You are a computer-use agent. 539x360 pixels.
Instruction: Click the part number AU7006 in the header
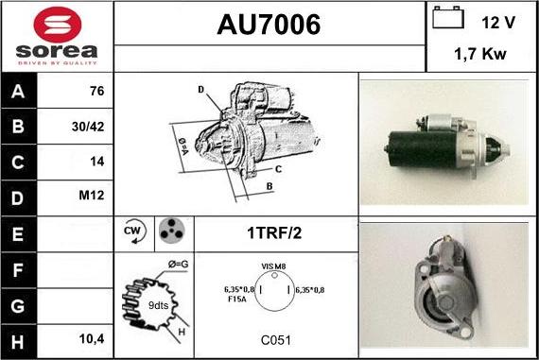click(x=269, y=26)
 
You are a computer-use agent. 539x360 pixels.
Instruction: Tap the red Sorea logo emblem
click(x=56, y=23)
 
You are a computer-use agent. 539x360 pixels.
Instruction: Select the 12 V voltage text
click(x=497, y=21)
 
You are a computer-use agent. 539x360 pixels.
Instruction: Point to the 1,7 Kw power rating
click(x=480, y=55)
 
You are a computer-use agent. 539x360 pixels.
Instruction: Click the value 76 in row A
click(x=96, y=92)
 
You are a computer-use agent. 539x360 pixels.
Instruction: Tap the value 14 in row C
click(x=96, y=161)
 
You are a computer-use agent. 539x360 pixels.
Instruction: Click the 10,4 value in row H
click(x=92, y=336)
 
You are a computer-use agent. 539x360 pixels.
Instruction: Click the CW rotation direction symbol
click(x=133, y=231)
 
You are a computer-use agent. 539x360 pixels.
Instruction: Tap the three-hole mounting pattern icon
click(x=170, y=231)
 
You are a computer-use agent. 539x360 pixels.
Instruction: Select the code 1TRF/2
click(x=276, y=231)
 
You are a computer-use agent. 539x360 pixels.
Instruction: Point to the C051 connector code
click(x=276, y=337)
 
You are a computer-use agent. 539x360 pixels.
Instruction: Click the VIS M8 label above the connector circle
click(x=275, y=267)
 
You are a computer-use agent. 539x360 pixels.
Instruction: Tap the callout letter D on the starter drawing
click(x=200, y=90)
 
